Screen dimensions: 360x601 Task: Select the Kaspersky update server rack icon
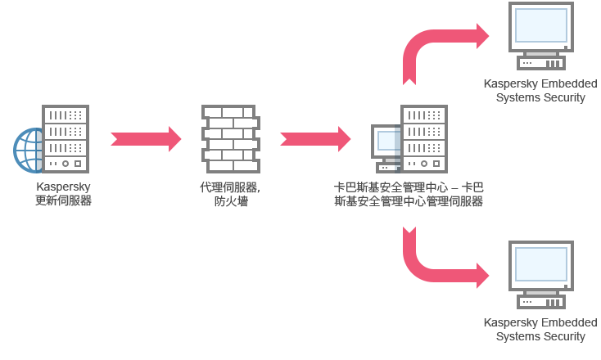coord(66,138)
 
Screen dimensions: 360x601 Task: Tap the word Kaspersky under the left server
coord(64,187)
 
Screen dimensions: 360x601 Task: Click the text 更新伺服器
coord(64,201)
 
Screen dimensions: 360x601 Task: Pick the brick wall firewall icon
coord(230,138)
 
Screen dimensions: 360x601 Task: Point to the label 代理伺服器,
coord(230,187)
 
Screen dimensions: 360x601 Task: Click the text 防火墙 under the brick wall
coord(231,201)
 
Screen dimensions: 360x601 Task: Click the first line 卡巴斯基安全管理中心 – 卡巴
coord(409,187)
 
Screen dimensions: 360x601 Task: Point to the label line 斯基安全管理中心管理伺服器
coord(409,201)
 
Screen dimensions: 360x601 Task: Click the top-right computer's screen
coord(541,25)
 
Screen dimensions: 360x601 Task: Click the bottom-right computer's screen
coord(541,264)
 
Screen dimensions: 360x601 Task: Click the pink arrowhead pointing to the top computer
coord(486,36)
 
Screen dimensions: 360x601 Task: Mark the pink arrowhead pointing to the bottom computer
coord(486,275)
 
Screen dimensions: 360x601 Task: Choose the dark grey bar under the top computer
coord(536,92)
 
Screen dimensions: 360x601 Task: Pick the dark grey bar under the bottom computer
coord(536,331)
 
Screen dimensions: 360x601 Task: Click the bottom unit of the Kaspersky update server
coord(66,163)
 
